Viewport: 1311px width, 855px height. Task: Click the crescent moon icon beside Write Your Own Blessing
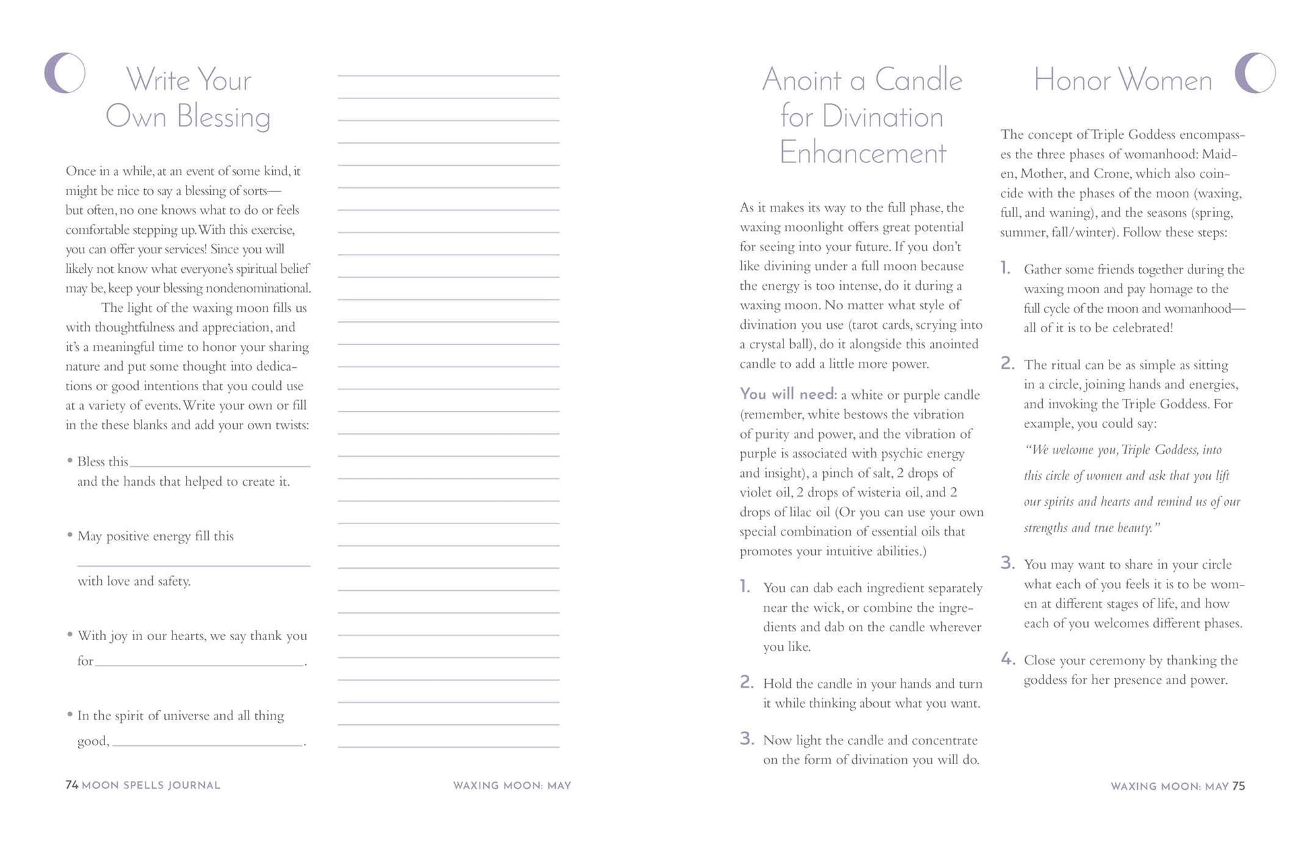point(64,73)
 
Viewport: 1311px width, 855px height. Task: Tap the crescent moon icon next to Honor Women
point(1254,73)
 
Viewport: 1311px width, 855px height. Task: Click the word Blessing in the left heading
point(223,117)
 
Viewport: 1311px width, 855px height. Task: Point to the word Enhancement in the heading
point(862,154)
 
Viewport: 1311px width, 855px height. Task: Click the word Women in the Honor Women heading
point(1167,81)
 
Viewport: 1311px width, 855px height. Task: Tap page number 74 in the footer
point(71,785)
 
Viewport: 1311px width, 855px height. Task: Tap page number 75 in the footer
point(1238,786)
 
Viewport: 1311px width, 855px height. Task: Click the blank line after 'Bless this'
point(220,465)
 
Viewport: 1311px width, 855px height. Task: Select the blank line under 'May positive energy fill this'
point(193,565)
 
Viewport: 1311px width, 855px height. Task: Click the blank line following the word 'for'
point(199,664)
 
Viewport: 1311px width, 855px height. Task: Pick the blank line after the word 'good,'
point(208,745)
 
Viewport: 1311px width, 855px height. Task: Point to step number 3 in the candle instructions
point(746,738)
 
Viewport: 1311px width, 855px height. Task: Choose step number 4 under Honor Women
point(1007,659)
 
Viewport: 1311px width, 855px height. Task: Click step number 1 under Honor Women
point(1005,268)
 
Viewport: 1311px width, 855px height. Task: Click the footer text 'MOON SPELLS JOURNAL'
point(151,786)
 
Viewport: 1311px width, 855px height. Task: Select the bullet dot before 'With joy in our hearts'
point(70,635)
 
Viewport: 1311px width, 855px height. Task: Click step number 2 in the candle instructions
point(746,682)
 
